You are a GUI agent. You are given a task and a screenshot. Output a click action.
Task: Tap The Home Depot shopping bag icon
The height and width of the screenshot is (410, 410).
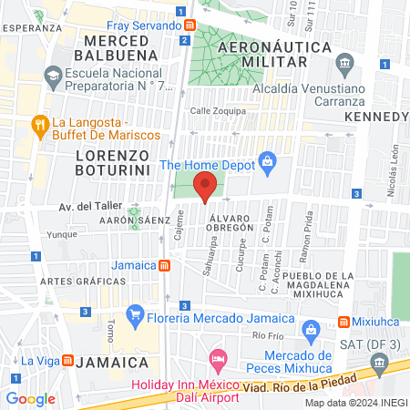tap(267, 165)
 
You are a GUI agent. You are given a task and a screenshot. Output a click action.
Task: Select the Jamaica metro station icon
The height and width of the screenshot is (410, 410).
tap(164, 265)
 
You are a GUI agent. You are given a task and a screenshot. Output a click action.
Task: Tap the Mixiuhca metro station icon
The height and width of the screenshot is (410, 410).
tap(343, 322)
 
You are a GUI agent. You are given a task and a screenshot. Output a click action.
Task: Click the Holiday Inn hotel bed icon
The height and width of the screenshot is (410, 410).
tap(217, 361)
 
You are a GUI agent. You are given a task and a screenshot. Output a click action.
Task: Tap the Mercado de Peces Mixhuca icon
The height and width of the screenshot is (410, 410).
tap(310, 329)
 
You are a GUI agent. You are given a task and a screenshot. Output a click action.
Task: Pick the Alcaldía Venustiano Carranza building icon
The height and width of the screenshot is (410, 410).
tap(344, 62)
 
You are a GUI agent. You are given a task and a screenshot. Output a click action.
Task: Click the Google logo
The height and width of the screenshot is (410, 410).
tap(30, 398)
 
